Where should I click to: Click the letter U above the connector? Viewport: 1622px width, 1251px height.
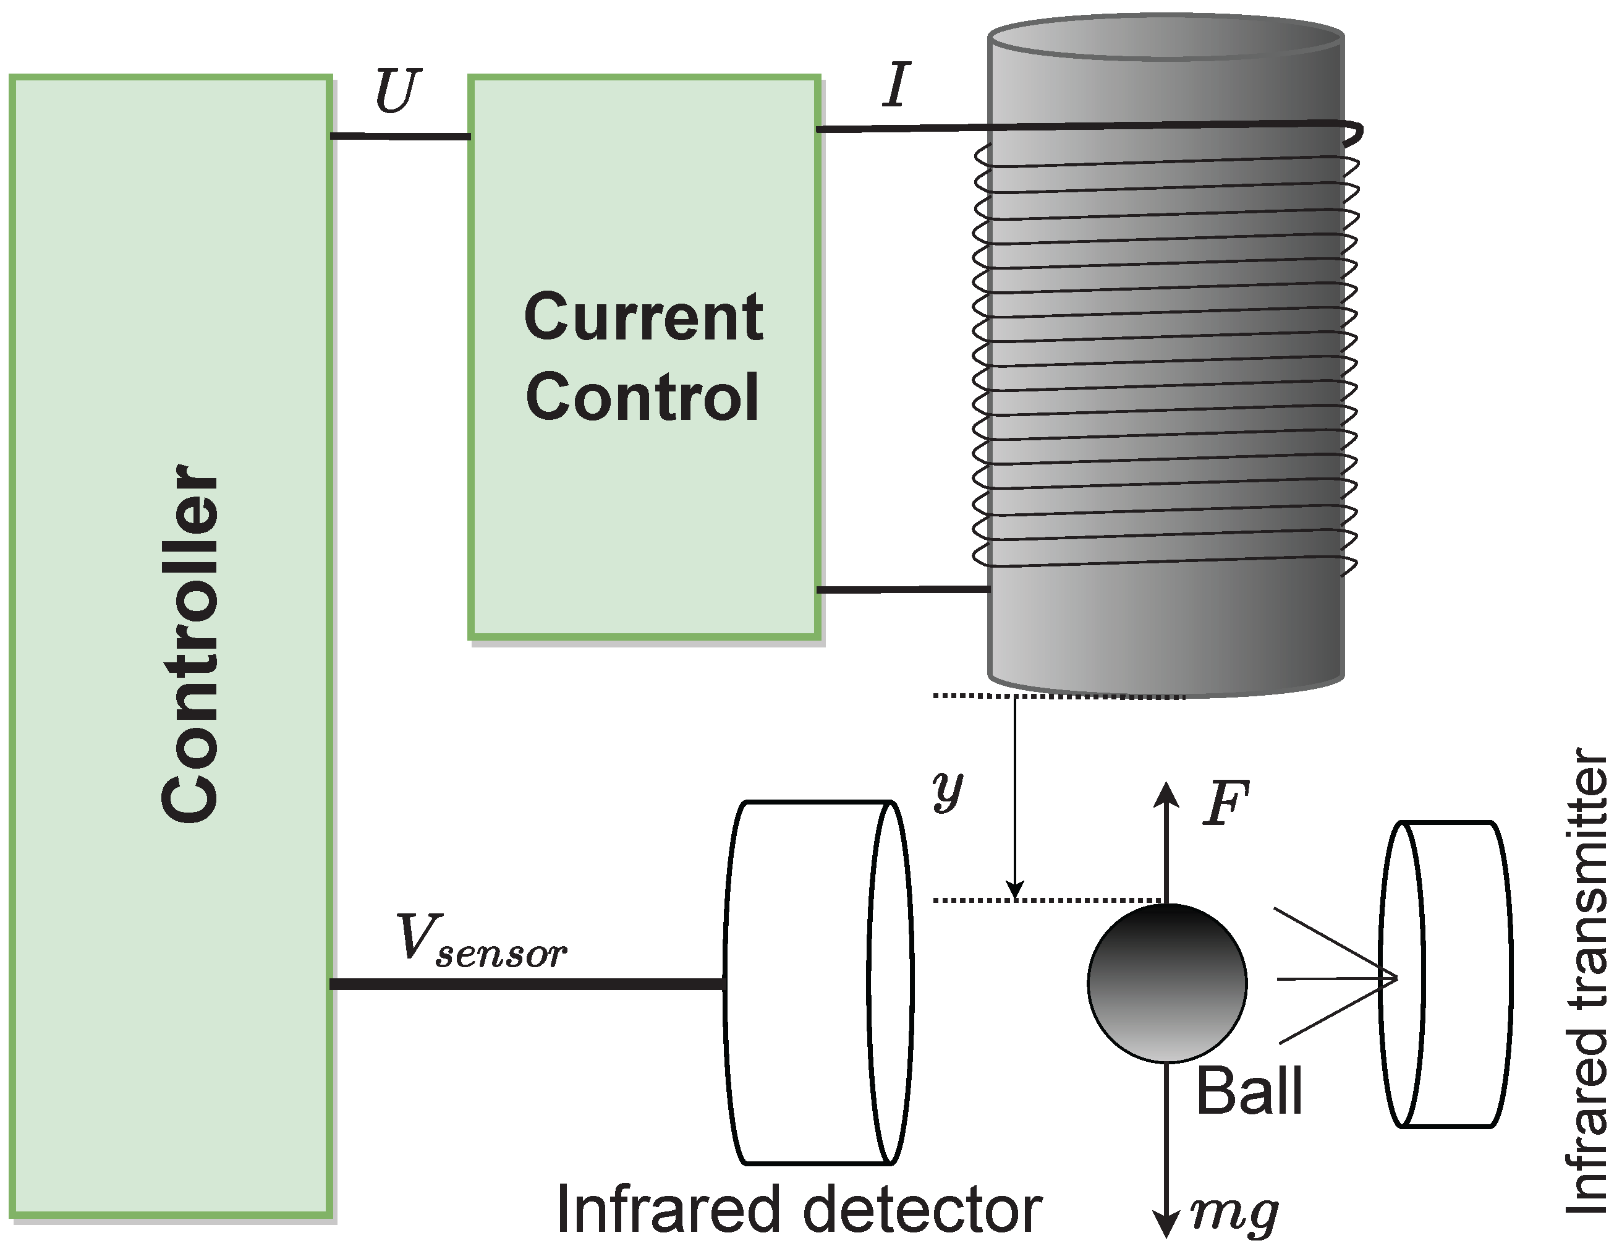(x=397, y=92)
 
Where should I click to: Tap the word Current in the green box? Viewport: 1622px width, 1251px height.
(x=643, y=317)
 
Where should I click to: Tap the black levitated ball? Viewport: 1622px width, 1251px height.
(x=1167, y=982)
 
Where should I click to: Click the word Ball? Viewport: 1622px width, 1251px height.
(x=1249, y=1091)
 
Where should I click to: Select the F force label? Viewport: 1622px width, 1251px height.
(x=1225, y=804)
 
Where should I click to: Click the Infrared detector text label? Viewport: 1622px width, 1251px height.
(x=799, y=1210)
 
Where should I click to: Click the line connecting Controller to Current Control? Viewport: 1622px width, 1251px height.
(x=399, y=136)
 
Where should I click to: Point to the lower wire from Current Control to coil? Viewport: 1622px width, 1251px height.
(x=902, y=590)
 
